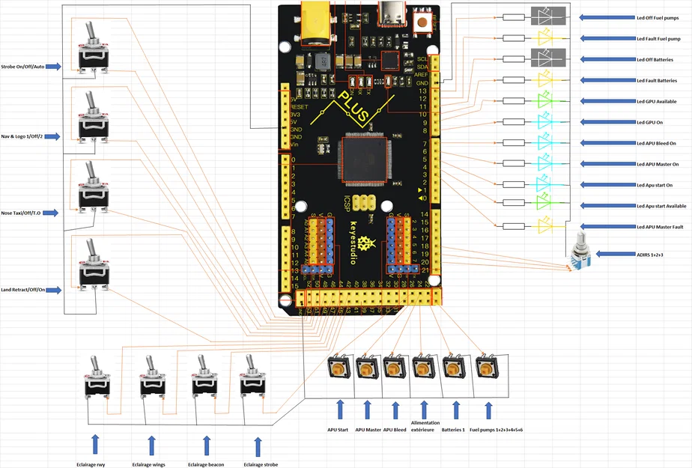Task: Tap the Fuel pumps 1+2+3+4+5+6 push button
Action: point(488,368)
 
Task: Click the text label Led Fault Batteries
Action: point(656,80)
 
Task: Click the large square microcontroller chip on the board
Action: point(363,159)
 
